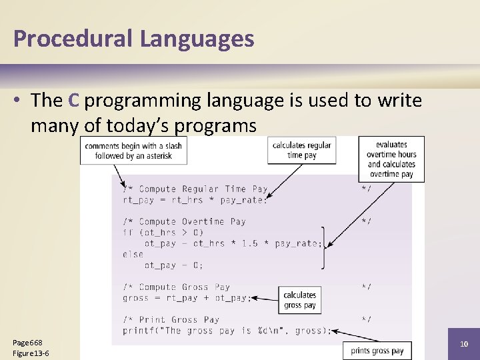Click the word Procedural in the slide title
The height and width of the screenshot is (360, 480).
(x=73, y=39)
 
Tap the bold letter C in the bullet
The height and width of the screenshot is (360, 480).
(x=73, y=101)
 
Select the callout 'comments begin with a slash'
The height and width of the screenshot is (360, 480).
(x=133, y=151)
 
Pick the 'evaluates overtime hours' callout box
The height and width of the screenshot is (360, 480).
(x=391, y=159)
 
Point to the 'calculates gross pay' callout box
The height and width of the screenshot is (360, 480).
(x=299, y=300)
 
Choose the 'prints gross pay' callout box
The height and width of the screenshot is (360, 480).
(x=377, y=351)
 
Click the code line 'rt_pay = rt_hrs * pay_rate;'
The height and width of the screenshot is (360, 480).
(x=195, y=200)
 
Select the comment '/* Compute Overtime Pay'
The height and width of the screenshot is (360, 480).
(x=184, y=221)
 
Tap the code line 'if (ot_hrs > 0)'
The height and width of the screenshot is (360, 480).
(x=163, y=233)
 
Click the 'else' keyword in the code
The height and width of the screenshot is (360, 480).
(x=133, y=254)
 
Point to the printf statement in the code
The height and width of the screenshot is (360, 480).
(x=227, y=331)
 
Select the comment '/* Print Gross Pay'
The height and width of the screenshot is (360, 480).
(x=171, y=319)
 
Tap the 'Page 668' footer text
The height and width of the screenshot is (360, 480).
(x=27, y=343)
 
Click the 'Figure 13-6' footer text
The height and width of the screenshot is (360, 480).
(x=31, y=353)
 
